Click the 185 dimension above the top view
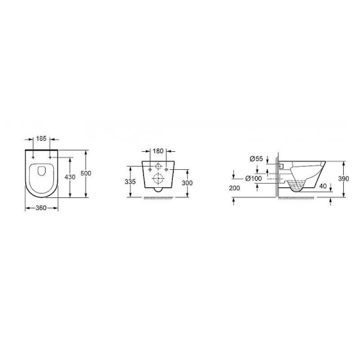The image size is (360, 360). click(x=42, y=139)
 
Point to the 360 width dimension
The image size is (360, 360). click(x=42, y=208)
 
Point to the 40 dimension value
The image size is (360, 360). click(x=324, y=185)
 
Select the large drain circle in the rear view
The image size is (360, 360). click(x=158, y=178)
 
